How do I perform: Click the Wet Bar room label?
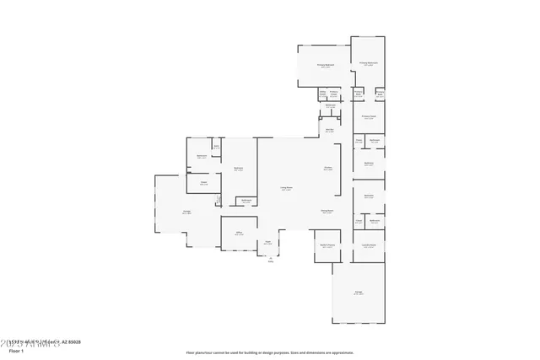[x=330, y=131]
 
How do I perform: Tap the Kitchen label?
[x=327, y=169]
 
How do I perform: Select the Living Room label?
[x=287, y=188]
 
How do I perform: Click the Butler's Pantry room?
[x=328, y=246]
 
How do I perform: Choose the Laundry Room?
[x=369, y=246]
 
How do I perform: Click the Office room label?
[x=240, y=234]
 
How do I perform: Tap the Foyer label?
[x=267, y=243]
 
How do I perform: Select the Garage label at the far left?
[x=186, y=212]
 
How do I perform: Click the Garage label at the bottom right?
[x=359, y=293]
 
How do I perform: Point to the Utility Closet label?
[x=322, y=93]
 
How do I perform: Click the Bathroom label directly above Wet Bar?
[x=331, y=106]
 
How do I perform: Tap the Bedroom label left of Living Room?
[x=239, y=169]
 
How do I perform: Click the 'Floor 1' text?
[x=16, y=350]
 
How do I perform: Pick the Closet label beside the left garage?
[x=203, y=183]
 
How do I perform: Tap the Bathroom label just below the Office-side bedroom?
[x=246, y=201]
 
